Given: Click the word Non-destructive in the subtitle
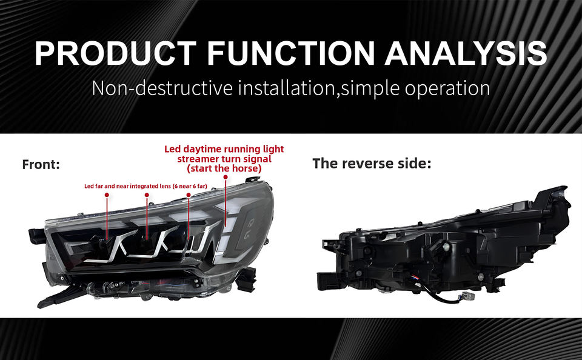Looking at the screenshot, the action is pos(162,88).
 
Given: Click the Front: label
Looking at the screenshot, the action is pos(41,164).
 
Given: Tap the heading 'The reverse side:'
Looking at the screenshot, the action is pos(372,163).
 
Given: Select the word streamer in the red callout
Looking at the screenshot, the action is pos(201,159).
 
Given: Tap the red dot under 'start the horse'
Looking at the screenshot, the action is pos(226,177).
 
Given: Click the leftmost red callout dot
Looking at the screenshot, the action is pos(107,195).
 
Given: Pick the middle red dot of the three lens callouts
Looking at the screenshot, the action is pos(147,195).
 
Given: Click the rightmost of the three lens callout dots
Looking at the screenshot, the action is pos(189,195).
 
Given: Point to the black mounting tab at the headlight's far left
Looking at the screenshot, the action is pos(36,233).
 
